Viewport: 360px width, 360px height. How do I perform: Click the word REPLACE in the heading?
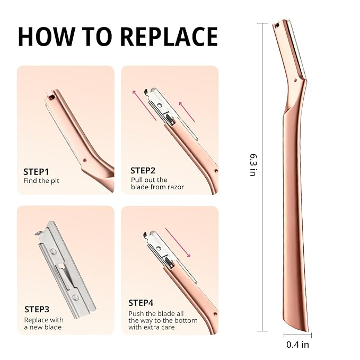(169, 37)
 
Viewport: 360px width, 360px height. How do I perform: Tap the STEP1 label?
(36, 172)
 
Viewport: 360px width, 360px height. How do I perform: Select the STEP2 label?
(143, 171)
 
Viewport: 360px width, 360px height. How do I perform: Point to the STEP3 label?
(37, 309)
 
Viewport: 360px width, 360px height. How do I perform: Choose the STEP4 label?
(141, 303)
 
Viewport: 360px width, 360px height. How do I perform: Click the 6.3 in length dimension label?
(253, 165)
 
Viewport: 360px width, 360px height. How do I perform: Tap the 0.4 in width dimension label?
(297, 345)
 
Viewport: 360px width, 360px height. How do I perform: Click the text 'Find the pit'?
(41, 181)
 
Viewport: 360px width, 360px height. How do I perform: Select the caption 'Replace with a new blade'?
(43, 323)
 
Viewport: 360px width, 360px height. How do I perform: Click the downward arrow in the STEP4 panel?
(178, 243)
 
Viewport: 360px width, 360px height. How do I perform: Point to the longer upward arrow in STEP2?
(144, 106)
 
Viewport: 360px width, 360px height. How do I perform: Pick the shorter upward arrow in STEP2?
(187, 112)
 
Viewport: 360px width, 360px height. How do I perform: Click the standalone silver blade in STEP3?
(65, 270)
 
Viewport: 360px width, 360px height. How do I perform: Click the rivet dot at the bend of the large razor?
(295, 80)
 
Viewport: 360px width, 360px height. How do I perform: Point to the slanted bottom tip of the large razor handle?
(307, 331)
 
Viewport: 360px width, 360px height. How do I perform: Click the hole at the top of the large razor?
(277, 25)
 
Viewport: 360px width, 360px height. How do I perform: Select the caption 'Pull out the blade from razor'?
(157, 183)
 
